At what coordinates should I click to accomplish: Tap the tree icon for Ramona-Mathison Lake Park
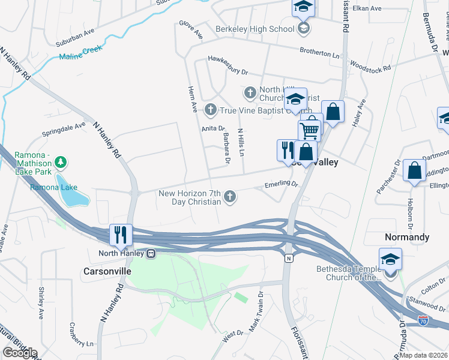click(x=60, y=163)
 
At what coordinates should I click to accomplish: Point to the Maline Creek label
click(x=82, y=56)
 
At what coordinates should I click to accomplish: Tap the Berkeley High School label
click(x=256, y=28)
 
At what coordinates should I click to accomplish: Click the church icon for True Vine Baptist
click(x=210, y=110)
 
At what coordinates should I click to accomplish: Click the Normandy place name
click(x=407, y=237)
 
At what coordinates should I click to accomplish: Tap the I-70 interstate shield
click(x=423, y=321)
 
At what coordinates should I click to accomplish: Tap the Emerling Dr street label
click(x=282, y=185)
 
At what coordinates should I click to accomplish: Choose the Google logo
click(x=20, y=353)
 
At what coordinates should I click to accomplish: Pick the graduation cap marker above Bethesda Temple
click(x=390, y=259)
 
